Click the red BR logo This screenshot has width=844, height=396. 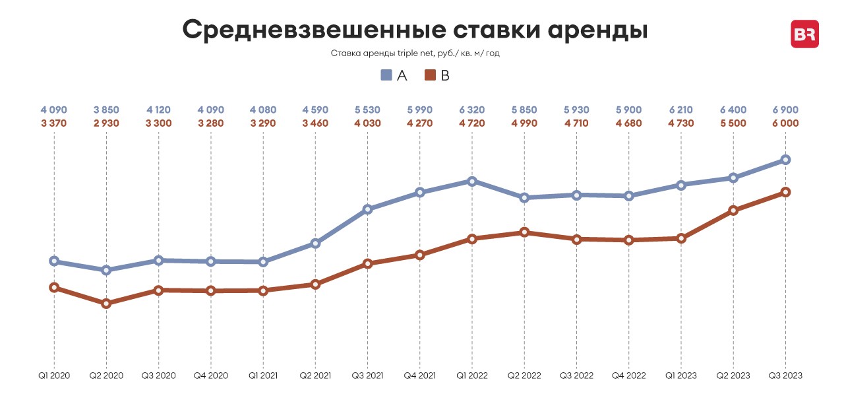tap(804, 34)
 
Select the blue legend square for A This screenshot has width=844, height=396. tap(386, 75)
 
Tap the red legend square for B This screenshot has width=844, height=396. tap(430, 75)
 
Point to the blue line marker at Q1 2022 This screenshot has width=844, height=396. tap(472, 181)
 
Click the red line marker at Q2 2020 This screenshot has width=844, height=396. tap(106, 304)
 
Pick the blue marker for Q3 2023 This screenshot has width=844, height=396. tap(785, 160)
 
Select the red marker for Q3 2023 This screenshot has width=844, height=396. tap(785, 192)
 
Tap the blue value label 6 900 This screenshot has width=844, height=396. tap(785, 108)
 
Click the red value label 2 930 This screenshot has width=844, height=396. tap(106, 123)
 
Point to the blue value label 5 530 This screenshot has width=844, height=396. tap(367, 108)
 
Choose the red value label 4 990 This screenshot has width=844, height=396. tap(524, 123)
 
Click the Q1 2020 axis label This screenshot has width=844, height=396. tap(54, 376)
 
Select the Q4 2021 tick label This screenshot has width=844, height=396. tap(420, 376)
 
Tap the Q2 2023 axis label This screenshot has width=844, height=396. tap(733, 376)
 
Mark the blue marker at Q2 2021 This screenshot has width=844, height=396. tap(315, 244)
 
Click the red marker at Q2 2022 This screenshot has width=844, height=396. tap(524, 232)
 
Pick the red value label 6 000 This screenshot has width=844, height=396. tap(785, 123)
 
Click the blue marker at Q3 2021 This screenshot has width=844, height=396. tap(368, 210)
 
